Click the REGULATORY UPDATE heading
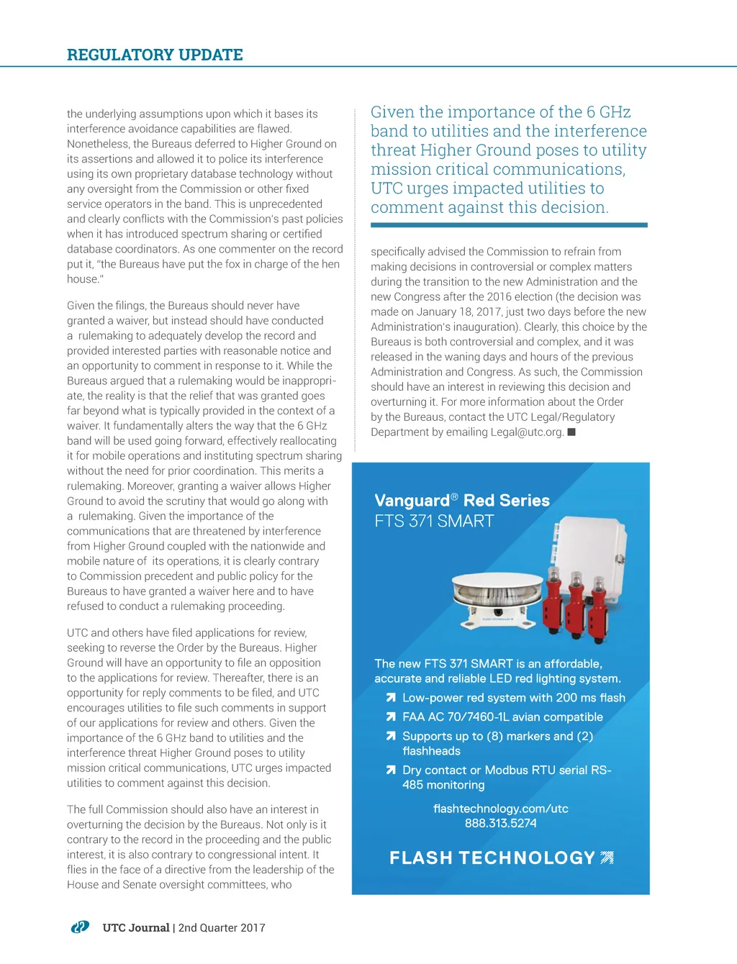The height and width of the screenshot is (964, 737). [x=155, y=55]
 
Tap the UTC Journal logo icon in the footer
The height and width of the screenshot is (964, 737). [x=80, y=927]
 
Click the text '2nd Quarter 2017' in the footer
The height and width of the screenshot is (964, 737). [x=222, y=928]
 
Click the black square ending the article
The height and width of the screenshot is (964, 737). [x=571, y=432]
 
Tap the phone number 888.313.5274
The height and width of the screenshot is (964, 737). [x=500, y=823]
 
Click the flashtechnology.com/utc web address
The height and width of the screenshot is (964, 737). [x=500, y=809]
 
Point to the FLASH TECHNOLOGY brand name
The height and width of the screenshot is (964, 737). [x=492, y=858]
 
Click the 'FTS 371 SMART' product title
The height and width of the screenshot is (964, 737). [x=434, y=521]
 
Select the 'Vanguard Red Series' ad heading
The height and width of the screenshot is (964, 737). [x=461, y=501]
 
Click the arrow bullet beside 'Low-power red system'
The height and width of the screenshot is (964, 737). [x=391, y=698]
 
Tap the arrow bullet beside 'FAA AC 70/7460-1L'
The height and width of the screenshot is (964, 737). [x=391, y=717]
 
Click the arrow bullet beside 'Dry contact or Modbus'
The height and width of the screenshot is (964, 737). [x=391, y=770]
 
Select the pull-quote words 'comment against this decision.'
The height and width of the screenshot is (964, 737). [x=489, y=207]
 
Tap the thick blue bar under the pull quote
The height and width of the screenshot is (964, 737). [x=509, y=225]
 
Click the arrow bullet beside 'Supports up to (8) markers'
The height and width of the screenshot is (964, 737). [x=391, y=737]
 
